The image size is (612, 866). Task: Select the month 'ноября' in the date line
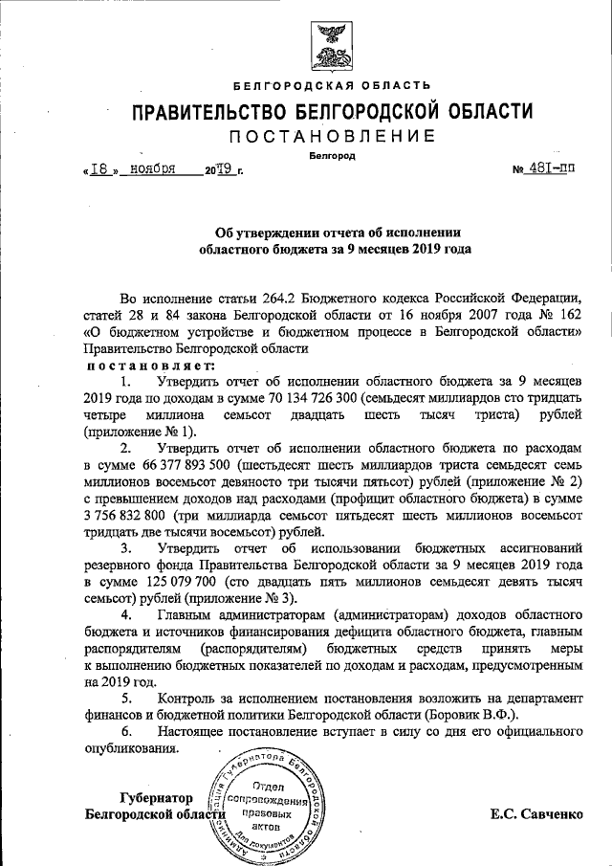coord(153,169)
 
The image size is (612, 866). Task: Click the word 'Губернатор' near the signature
coord(157,798)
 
